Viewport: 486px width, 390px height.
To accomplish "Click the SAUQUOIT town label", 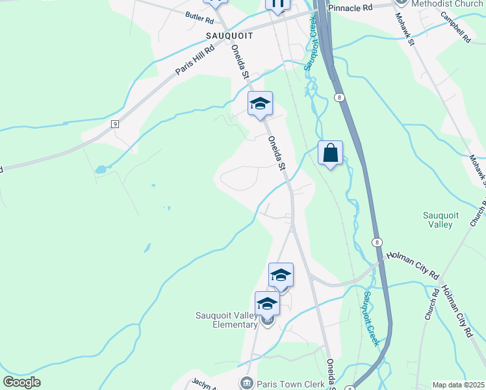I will [x=228, y=36].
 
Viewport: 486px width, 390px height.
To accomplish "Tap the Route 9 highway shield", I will [x=115, y=123].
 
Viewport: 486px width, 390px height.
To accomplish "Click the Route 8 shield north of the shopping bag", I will [x=339, y=97].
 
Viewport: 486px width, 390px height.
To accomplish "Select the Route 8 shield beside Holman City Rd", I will [x=376, y=242].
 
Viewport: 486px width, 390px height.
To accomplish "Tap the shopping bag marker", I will [x=330, y=153].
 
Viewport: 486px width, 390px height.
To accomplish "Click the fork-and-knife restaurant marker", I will [x=277, y=4].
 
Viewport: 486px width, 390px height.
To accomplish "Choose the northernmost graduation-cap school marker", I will [x=260, y=104].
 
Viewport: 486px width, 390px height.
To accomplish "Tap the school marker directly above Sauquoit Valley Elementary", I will [x=281, y=275].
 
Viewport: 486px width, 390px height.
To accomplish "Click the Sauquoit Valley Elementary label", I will [x=227, y=320].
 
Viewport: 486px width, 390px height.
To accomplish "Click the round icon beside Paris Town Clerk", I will [x=246, y=383].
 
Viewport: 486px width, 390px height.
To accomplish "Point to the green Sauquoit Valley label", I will [x=437, y=220].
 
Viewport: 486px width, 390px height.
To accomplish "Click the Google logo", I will [x=21, y=382].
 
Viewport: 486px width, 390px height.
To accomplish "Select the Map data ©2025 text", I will [x=458, y=385].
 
